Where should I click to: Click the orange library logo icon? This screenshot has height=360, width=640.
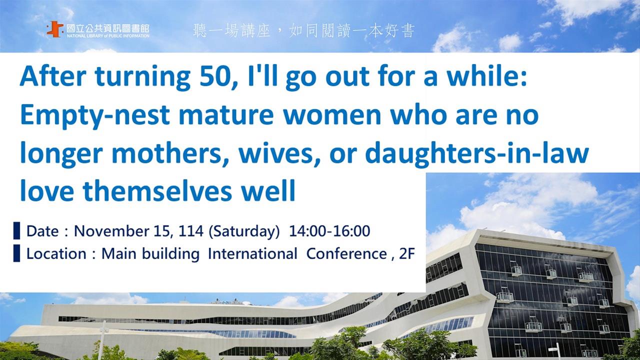click(x=55, y=29)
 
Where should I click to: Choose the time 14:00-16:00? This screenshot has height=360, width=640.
click(x=329, y=231)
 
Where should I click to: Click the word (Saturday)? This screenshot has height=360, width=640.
click(x=244, y=231)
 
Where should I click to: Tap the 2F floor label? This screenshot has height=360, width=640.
click(x=406, y=253)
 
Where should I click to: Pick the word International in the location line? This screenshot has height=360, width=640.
click(x=252, y=253)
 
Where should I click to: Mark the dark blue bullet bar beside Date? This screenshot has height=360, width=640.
click(x=16, y=230)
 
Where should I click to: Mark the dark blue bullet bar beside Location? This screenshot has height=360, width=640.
click(x=16, y=253)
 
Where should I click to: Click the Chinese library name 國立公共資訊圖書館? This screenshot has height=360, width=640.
click(x=108, y=28)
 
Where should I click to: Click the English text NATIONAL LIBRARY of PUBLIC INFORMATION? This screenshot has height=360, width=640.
click(x=108, y=36)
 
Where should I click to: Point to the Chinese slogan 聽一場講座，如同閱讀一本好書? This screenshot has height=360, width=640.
click(x=303, y=31)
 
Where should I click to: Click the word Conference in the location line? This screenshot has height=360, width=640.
click(x=346, y=253)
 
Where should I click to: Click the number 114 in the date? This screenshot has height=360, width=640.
click(x=191, y=231)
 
